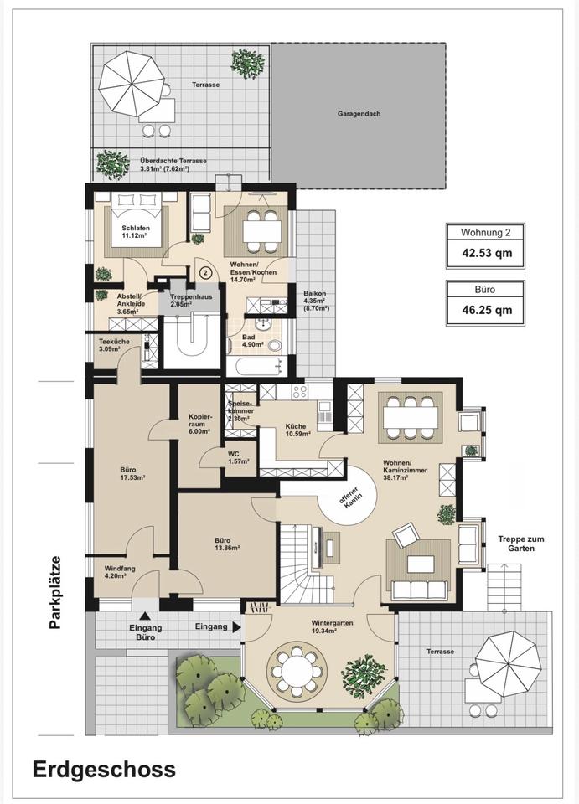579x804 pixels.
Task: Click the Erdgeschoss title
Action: tap(104, 770)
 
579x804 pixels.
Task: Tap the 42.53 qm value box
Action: tap(485, 253)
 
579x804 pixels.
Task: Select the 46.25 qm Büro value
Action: tap(485, 310)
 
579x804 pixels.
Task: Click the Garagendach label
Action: tap(359, 114)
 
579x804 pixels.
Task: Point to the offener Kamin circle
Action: tap(348, 495)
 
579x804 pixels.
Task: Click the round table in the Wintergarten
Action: tap(296, 671)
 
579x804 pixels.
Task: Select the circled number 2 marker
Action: tap(205, 272)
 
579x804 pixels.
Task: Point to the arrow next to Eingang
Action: tap(236, 626)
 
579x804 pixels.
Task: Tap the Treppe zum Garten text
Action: tap(521, 544)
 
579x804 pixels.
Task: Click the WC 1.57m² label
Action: tap(239, 457)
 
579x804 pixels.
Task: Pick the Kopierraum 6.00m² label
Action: tap(199, 424)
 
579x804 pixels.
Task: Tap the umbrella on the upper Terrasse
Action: tap(132, 88)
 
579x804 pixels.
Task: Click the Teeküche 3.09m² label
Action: tap(114, 344)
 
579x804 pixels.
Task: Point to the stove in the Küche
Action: tap(299, 392)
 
